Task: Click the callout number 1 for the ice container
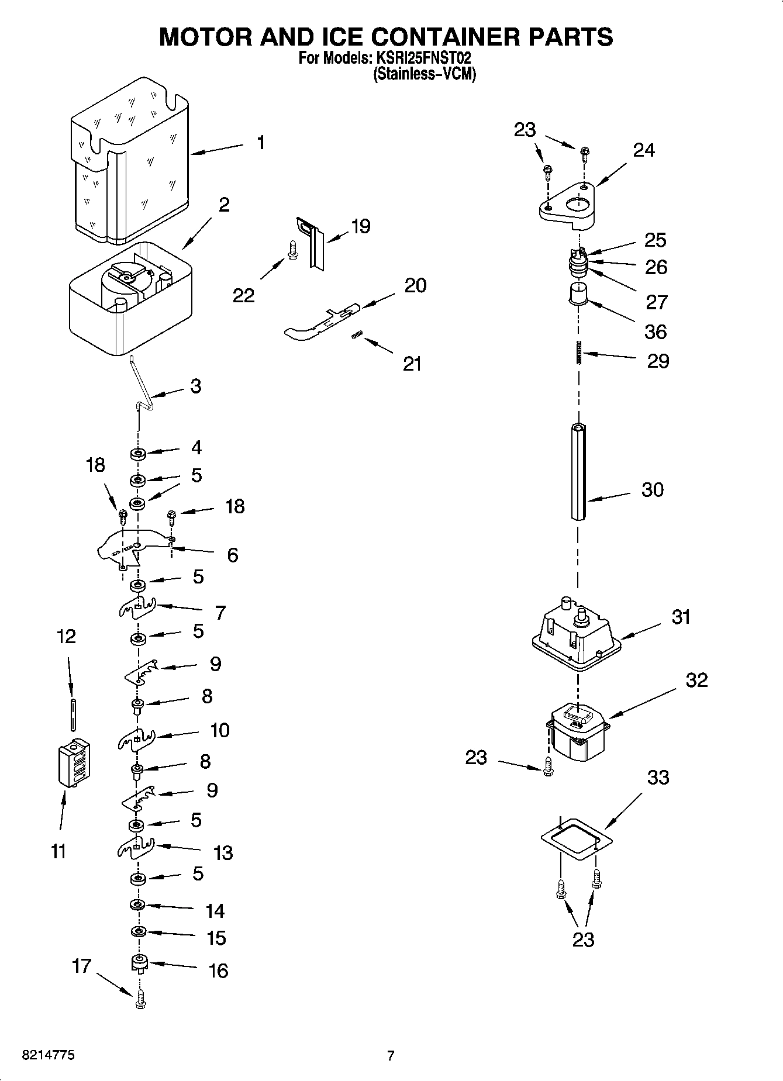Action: pyautogui.click(x=260, y=143)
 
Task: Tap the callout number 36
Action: pyautogui.click(x=655, y=332)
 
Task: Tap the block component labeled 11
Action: pyautogui.click(x=74, y=764)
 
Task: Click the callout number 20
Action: pyautogui.click(x=415, y=285)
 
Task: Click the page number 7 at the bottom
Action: pyautogui.click(x=391, y=1055)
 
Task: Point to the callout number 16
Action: pyautogui.click(x=218, y=971)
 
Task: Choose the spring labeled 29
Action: pyautogui.click(x=578, y=352)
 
